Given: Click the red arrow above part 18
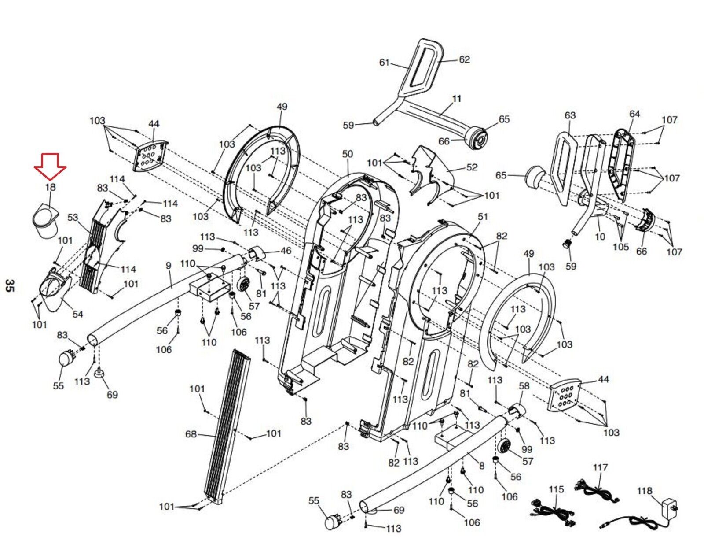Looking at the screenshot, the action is click(x=50, y=167).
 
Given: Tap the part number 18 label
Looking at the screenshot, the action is click(x=51, y=187).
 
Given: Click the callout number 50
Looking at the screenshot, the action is click(x=347, y=154).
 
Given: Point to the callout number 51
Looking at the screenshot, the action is click(x=483, y=217).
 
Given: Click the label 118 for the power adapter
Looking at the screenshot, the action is click(x=645, y=491).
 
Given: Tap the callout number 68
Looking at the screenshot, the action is click(x=191, y=434).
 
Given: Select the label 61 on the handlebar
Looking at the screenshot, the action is click(x=384, y=62).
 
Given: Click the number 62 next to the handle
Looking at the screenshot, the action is click(x=464, y=59).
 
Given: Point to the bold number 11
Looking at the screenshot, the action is click(x=456, y=99).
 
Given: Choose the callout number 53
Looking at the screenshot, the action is click(x=73, y=217).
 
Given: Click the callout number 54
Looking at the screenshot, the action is click(x=77, y=314).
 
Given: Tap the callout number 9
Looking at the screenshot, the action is click(x=168, y=266).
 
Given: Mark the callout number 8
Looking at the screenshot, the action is click(x=482, y=466).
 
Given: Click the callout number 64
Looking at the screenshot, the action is click(x=634, y=114).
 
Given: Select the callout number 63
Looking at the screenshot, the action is click(x=570, y=115).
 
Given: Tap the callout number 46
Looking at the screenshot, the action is click(x=286, y=251).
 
